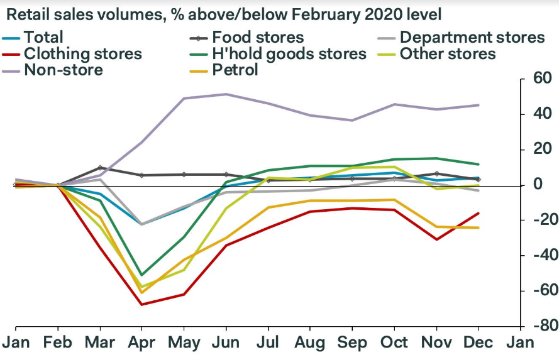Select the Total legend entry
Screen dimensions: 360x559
43,38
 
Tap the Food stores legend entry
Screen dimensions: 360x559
258,38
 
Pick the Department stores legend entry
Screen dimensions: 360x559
472,38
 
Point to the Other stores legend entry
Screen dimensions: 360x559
448,53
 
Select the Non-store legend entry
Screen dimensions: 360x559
64,69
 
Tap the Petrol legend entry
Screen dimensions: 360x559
235,69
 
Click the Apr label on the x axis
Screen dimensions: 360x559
141,343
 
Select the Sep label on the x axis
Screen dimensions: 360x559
352,343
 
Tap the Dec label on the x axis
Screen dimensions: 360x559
479,343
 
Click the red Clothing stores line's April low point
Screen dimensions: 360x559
141,305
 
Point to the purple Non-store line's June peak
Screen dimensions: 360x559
226,94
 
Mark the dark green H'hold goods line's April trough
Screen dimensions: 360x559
141,275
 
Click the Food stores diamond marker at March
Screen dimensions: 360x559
100,168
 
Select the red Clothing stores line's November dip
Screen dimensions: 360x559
436,239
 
